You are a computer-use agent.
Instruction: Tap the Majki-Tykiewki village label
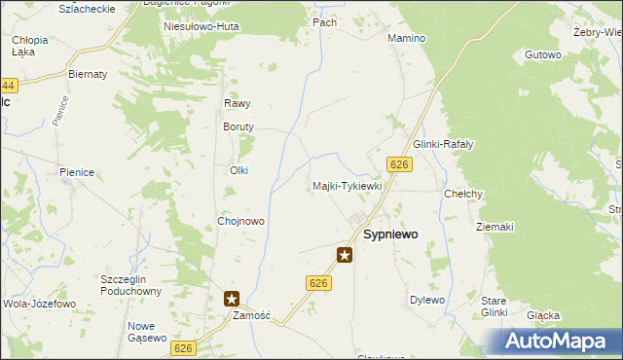pos(348,186)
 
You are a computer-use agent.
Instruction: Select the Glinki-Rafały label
pos(443,144)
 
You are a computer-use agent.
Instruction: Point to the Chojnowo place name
pos(241,221)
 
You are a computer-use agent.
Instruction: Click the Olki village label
pos(238,170)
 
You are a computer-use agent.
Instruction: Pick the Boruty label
pos(238,126)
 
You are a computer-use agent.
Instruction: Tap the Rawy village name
pos(238,103)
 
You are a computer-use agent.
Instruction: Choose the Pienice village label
pos(76,172)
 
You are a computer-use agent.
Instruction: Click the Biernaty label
pos(87,73)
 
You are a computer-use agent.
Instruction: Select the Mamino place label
pos(407,39)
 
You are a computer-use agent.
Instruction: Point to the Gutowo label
pos(543,55)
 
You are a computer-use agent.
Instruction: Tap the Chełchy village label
pos(463,194)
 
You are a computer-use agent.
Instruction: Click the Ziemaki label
pos(495,227)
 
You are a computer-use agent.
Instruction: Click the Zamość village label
pos(250,316)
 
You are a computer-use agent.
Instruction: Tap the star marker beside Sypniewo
pos(345,255)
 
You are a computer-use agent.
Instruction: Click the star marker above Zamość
pos(232,300)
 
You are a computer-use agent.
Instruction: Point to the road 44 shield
pos(9,87)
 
